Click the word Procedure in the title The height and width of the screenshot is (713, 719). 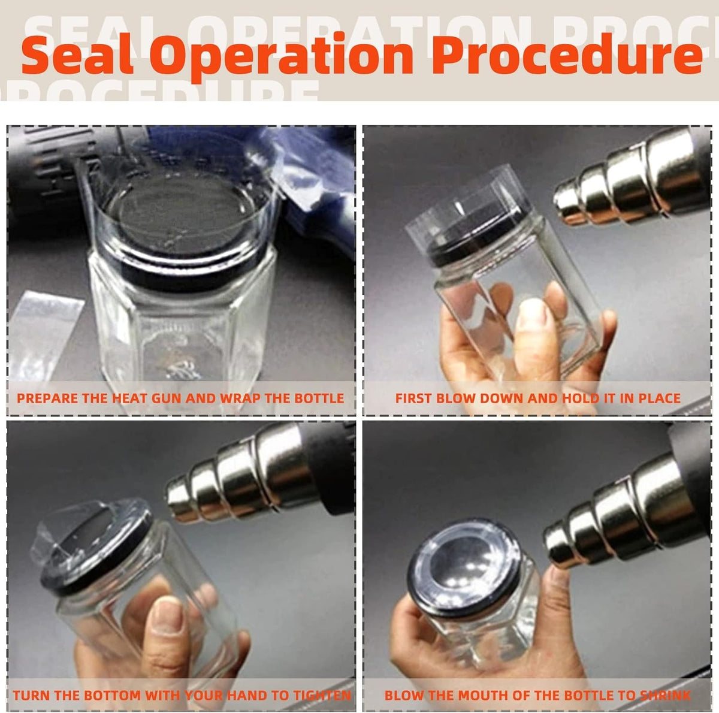coord(567,55)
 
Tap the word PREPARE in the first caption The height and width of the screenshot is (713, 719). coord(46,398)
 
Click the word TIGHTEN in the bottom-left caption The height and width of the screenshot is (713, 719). coord(322,696)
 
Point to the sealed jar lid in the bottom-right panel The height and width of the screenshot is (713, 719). coord(464,572)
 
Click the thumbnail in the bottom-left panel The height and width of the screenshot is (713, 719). coord(168,617)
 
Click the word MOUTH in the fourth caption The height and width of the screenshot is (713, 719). coord(479,696)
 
